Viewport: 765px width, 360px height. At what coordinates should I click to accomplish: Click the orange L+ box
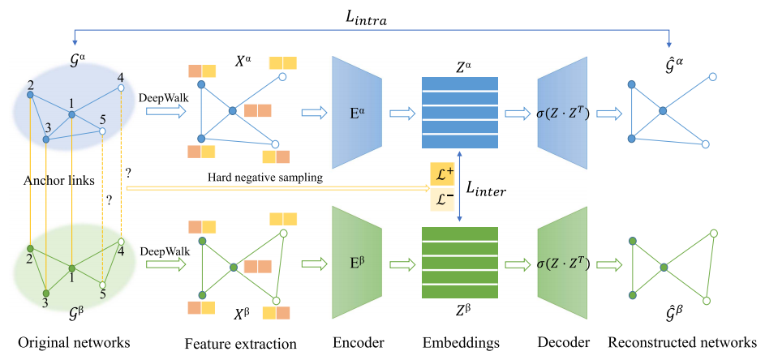(x=442, y=174)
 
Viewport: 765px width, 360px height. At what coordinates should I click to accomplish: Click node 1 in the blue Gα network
(x=71, y=115)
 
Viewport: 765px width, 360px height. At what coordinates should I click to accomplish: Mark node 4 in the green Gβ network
(x=120, y=242)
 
